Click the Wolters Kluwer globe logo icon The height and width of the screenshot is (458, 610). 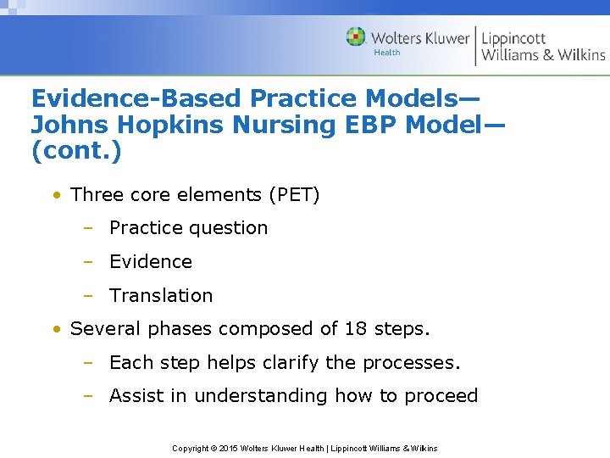356,37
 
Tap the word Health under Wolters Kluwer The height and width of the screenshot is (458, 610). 387,53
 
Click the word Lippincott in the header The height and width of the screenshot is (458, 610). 513,37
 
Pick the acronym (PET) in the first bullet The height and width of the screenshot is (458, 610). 294,195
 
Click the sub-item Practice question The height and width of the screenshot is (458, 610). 188,228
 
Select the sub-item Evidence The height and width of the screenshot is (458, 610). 151,262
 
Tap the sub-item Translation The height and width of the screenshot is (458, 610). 161,296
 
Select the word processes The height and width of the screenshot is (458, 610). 411,363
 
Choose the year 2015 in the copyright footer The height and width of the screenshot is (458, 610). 229,448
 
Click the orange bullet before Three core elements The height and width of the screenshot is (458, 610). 56,195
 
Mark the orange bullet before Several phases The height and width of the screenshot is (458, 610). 56,328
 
